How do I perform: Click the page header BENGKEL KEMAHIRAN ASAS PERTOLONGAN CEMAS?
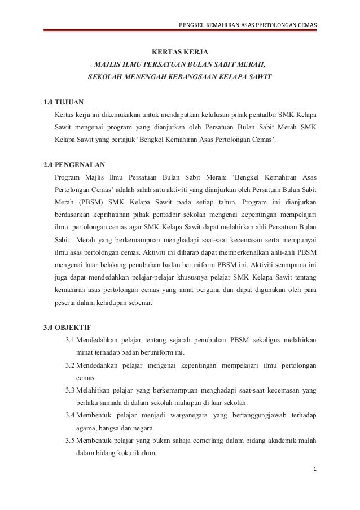click(248, 24)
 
